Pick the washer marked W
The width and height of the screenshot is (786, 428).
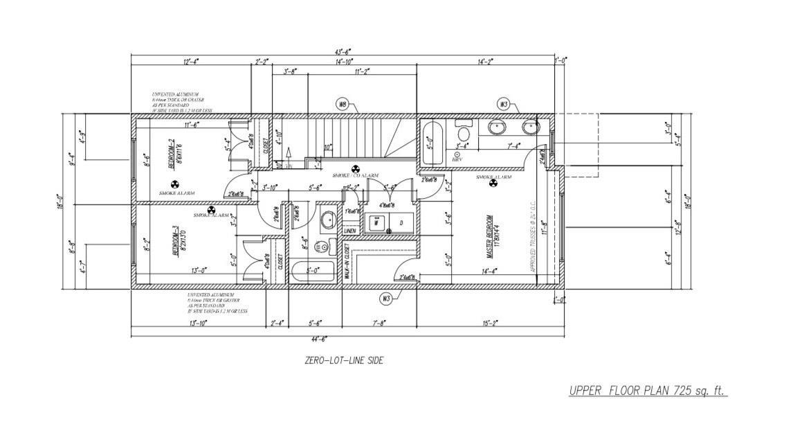[x=376, y=223]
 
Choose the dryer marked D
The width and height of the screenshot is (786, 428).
[x=400, y=223]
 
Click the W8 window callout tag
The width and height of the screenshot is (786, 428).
[x=342, y=104]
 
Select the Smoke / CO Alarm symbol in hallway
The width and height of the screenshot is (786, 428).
[x=356, y=168]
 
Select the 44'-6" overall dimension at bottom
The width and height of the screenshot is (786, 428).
[x=319, y=339]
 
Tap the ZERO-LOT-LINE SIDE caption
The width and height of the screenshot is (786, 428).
[x=344, y=360]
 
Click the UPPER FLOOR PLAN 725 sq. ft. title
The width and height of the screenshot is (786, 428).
[x=648, y=391]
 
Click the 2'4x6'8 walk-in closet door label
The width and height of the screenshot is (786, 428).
[x=408, y=278]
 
